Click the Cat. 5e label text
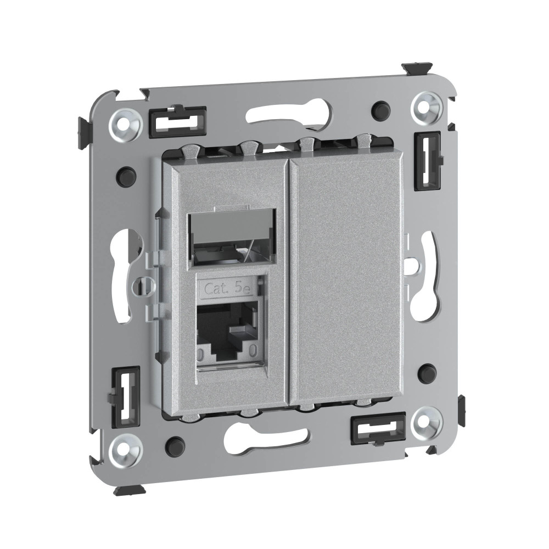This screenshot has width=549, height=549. coord(228,289)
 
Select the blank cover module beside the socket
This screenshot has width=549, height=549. coord(346,280)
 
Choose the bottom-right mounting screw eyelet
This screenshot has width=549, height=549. coord(427,422)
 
